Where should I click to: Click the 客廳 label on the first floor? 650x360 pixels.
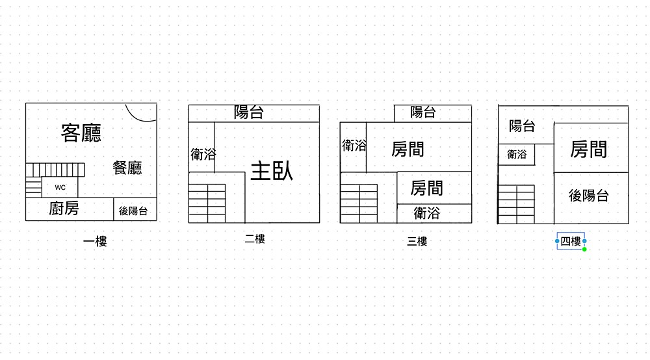click(81, 133)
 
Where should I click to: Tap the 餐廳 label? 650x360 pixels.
click(127, 168)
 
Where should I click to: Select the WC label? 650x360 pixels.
click(60, 187)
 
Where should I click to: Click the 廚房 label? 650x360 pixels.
click(64, 209)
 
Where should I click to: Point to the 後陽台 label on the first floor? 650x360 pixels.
click(133, 211)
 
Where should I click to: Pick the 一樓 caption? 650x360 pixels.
click(95, 242)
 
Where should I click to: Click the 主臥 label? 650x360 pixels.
click(272, 171)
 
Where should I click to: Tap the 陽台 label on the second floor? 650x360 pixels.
click(249, 112)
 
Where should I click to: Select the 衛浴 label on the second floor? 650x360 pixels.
click(203, 154)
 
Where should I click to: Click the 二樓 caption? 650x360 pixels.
click(255, 239)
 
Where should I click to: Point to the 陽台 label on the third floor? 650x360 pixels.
click(422, 112)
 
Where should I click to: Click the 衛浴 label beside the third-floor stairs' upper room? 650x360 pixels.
click(354, 146)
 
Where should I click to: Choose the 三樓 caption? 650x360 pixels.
click(417, 242)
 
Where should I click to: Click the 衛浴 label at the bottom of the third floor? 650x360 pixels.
click(427, 212)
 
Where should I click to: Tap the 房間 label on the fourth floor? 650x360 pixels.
click(588, 149)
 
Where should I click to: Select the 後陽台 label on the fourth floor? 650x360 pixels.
click(589, 196)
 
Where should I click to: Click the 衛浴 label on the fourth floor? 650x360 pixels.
click(517, 155)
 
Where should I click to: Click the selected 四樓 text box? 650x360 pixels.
click(571, 241)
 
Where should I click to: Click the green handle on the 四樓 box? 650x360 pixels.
click(584, 250)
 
